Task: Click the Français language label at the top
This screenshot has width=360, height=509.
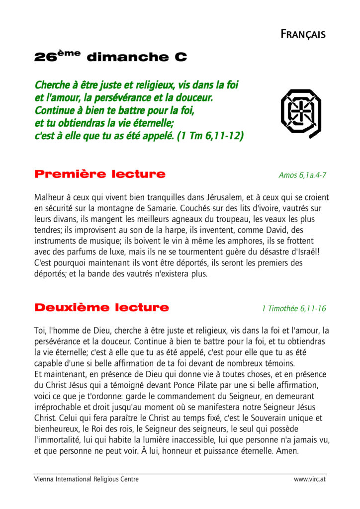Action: point(303,34)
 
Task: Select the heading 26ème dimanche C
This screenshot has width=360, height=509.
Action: point(110,57)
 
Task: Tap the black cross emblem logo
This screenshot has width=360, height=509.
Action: point(300,113)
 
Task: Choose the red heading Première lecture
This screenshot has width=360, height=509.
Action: point(99,174)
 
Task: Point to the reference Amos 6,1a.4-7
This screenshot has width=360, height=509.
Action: point(302,175)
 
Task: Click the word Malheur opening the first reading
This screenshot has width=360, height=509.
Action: point(49,197)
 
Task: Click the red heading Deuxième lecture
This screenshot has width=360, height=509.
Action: point(101,308)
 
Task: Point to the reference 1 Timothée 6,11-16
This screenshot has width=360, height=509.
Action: point(294,309)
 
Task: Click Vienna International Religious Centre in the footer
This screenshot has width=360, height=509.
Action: point(86,479)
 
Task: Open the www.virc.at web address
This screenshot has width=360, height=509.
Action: point(310,479)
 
